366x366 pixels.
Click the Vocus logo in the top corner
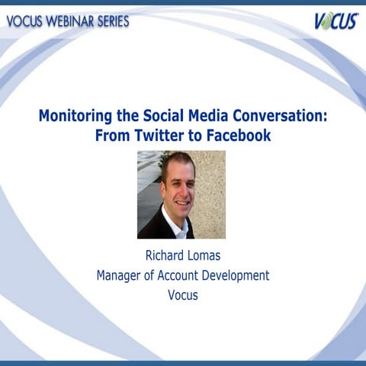335,21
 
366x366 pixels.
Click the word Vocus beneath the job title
182,294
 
